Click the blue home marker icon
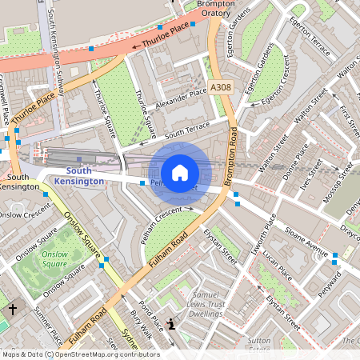pyautogui.click(x=180, y=172)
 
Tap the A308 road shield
pyautogui.click(x=222, y=87)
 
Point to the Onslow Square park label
pyautogui.click(x=54, y=258)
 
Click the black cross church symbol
pyautogui.click(x=12, y=308)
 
